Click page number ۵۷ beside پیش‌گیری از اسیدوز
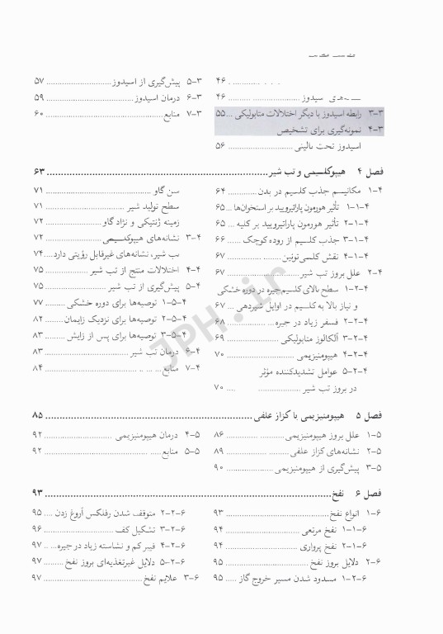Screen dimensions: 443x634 point(38,83)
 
